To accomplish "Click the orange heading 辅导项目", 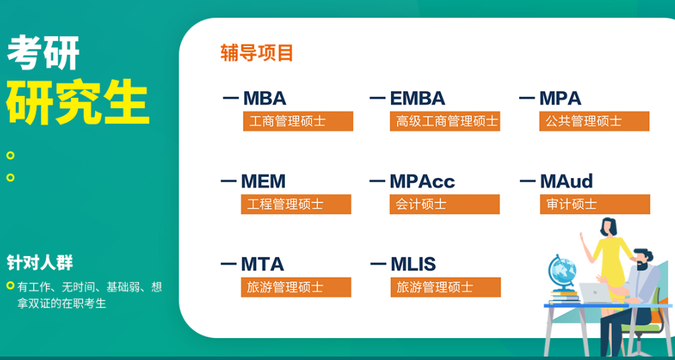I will tap(257, 53).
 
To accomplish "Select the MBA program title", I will tap(264, 99).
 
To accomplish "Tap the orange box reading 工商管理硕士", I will tap(298, 121).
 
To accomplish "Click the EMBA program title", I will tap(417, 99).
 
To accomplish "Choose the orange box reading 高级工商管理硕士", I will tap(445, 121).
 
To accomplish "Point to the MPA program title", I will tap(560, 99).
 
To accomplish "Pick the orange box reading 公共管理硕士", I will tap(594, 121).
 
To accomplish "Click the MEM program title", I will tap(263, 181).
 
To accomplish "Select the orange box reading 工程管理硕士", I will tap(296, 204).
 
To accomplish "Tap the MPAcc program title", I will tap(422, 181).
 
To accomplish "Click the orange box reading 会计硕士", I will tap(445, 204).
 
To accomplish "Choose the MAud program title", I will tap(565, 181).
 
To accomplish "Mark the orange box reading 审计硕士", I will tap(594, 204).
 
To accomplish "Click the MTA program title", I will tap(262, 264).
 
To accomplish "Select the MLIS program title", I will tap(413, 264).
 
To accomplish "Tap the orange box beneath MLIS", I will tap(445, 287).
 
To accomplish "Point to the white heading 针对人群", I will tap(40, 262).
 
